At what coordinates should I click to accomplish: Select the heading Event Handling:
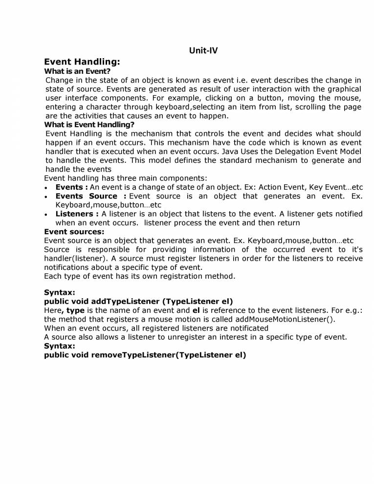point(82,62)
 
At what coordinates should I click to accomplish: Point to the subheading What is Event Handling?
point(89,125)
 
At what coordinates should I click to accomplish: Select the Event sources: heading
point(74,232)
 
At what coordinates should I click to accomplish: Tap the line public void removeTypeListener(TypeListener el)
point(145,355)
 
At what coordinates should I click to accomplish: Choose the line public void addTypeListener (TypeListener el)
point(138,302)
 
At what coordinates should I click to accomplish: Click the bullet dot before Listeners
point(46,215)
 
